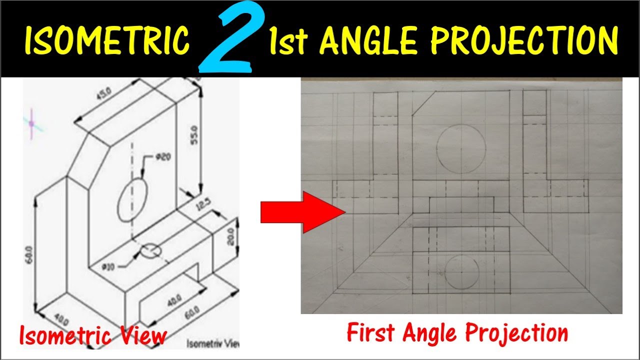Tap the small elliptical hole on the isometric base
(x=150, y=251)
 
